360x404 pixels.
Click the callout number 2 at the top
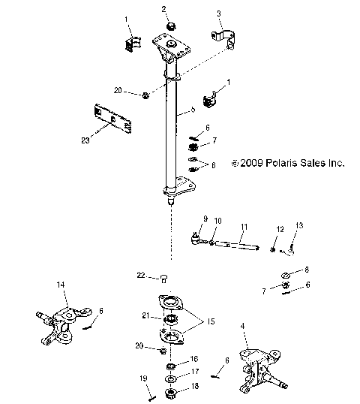[x=164, y=8]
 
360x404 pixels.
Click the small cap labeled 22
[x=163, y=279]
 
